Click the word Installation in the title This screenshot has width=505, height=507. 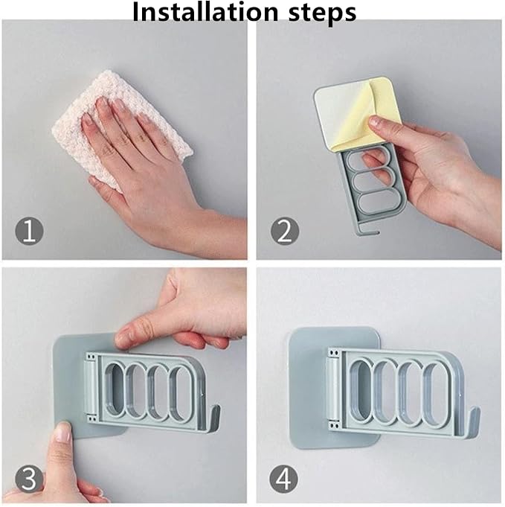click(x=205, y=12)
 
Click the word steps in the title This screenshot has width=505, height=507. click(x=322, y=13)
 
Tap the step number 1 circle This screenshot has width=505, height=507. click(x=29, y=231)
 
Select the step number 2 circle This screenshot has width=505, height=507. click(x=284, y=231)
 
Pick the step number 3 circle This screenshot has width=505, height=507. click(x=29, y=479)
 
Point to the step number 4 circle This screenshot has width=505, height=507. click(x=283, y=479)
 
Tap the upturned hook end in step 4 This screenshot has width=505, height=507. click(x=475, y=419)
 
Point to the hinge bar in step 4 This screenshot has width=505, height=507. click(x=332, y=389)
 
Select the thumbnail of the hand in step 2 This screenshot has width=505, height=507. click(x=374, y=121)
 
